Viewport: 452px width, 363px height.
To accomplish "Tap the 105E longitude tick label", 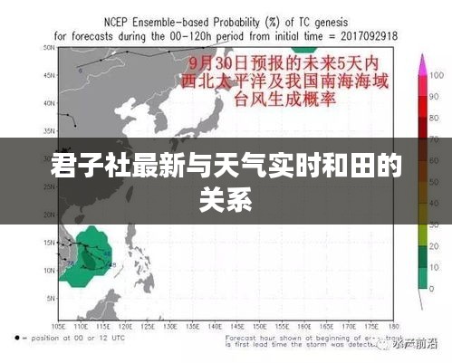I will [59, 327].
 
